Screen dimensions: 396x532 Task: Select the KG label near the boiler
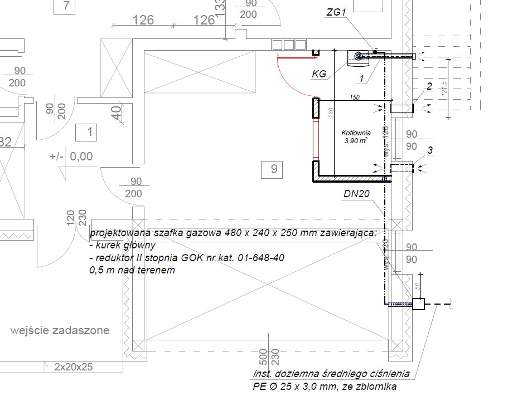click(319, 73)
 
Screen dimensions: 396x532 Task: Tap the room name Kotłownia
click(356, 133)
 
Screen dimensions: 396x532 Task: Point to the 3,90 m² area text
click(356, 141)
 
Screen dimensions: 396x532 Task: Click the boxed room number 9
click(273, 168)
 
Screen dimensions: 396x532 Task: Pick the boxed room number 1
click(89, 133)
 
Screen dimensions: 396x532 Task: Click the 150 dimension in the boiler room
click(355, 97)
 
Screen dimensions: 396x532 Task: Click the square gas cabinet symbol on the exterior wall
click(418, 304)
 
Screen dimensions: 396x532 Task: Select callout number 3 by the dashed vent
click(430, 150)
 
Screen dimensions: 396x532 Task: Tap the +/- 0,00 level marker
click(71, 157)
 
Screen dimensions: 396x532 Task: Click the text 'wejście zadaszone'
click(60, 330)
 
